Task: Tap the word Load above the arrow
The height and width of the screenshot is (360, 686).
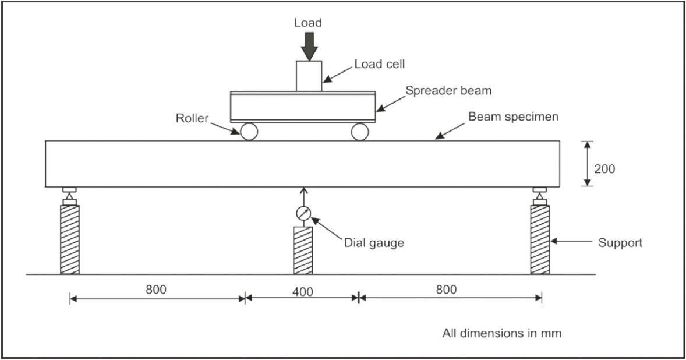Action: [308, 23]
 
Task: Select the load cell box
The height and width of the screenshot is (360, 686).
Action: [309, 76]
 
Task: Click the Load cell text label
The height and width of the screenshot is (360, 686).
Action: [379, 65]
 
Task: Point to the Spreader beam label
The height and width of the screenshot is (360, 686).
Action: [448, 90]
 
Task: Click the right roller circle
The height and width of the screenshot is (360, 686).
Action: [360, 132]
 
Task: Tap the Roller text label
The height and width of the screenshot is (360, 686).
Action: [192, 118]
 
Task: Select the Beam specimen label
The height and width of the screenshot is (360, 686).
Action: [513, 117]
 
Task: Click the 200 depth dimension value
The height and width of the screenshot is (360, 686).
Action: [604, 169]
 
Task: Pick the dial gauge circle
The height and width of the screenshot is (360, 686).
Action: [303, 214]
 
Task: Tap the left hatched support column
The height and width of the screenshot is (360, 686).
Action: [70, 239]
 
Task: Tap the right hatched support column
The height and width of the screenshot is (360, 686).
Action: [539, 239]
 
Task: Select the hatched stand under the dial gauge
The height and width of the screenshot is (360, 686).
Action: [303, 250]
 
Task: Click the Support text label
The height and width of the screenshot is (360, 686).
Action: [620, 242]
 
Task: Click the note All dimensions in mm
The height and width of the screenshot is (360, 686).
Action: [501, 334]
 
